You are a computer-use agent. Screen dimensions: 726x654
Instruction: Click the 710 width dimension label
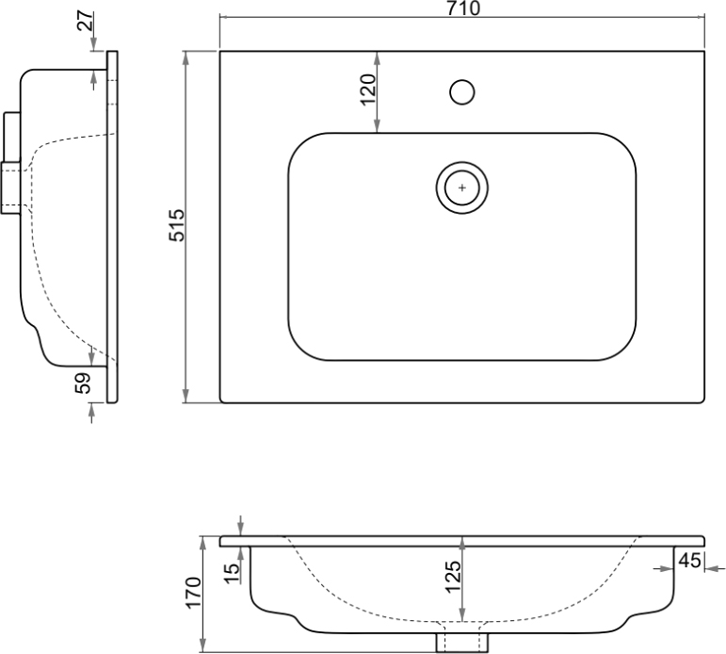[463, 8]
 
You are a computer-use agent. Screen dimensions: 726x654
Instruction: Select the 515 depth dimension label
[177, 226]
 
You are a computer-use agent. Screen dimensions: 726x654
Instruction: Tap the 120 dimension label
[369, 90]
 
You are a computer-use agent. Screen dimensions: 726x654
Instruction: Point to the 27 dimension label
[86, 22]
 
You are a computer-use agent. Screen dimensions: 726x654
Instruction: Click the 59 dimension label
[84, 384]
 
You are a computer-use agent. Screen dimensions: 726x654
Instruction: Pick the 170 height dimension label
[194, 593]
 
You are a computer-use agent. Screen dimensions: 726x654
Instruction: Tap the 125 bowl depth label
[453, 577]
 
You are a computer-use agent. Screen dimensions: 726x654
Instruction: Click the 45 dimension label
[690, 561]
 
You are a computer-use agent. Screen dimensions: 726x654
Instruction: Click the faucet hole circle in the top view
[462, 92]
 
